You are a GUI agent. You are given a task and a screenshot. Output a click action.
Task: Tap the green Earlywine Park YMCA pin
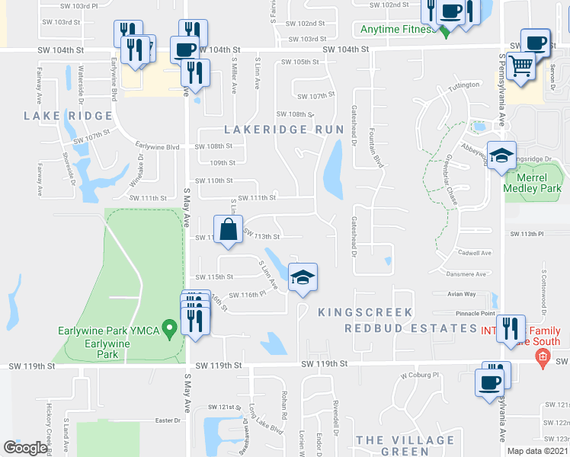[171, 329]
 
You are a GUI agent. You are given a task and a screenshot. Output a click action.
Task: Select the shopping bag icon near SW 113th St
[229, 228]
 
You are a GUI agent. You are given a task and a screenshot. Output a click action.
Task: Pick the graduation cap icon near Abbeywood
[501, 156]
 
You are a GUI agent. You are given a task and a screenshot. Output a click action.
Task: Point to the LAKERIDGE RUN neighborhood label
[284, 129]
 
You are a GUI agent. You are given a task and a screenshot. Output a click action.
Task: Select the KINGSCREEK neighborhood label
[365, 312]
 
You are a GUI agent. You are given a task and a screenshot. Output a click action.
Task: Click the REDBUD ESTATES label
[411, 328]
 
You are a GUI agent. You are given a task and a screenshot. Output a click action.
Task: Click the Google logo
[25, 448]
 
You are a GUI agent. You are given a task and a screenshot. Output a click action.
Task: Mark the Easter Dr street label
[166, 420]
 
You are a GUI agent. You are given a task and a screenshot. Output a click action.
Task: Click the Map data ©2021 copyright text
[536, 451]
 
